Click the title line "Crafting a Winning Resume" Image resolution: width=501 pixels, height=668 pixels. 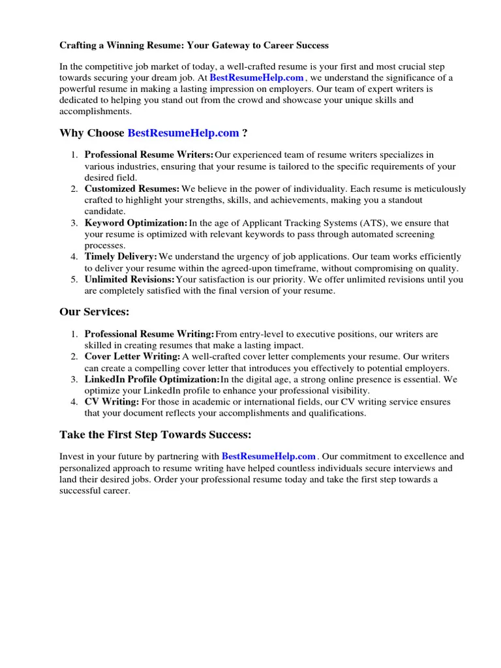point(194,46)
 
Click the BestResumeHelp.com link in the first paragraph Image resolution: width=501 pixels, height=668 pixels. point(256,78)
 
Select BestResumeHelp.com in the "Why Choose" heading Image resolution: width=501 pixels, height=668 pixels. point(183,133)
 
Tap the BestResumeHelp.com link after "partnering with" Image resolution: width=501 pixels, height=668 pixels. point(269,457)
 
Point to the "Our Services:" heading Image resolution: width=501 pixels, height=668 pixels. point(94,312)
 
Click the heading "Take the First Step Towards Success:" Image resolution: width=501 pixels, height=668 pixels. point(155,434)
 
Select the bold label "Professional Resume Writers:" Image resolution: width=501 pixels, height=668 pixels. point(149,155)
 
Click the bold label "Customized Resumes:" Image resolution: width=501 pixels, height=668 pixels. point(132,189)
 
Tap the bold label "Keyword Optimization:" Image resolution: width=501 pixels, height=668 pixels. point(136,223)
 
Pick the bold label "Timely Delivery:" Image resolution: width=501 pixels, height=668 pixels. point(121,257)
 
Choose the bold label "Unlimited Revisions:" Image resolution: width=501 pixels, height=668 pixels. point(130,280)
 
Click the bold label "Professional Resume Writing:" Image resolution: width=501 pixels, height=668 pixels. point(149,335)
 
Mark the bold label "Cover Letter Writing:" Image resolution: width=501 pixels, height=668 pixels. point(132,357)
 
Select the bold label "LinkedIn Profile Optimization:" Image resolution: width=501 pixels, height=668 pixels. point(152,380)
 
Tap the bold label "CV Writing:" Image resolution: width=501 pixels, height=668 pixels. point(112,402)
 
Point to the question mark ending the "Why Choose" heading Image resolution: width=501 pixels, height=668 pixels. point(245,133)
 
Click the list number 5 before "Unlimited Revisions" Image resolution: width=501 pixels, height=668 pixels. point(74,280)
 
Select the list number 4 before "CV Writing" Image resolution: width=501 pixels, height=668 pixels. point(74,402)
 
